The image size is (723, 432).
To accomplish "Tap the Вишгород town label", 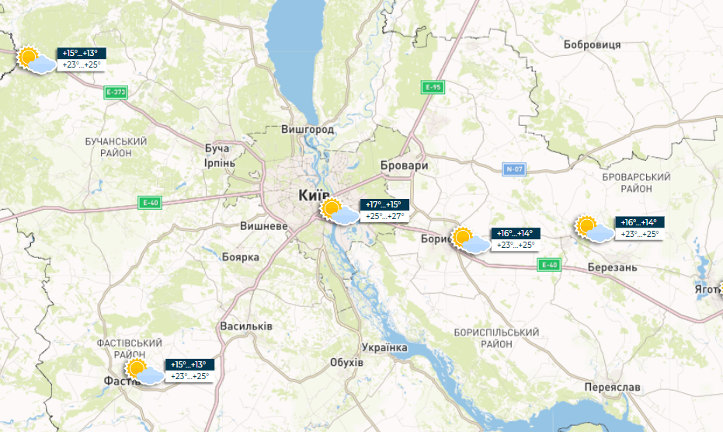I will point(308,129).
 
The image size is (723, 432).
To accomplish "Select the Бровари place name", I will point(405,166).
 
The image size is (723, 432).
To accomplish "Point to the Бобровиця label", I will point(592,44).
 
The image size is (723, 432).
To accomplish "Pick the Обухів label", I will point(346,363).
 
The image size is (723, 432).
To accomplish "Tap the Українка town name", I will point(385,347).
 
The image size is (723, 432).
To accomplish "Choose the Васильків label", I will point(246,326).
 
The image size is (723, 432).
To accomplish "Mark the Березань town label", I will point(613,267).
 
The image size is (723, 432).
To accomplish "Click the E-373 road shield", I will point(115,92).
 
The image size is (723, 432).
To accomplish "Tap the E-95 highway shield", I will point(432,87).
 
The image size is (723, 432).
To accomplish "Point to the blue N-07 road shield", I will point(514,169).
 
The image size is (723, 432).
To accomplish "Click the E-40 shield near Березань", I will point(548,265).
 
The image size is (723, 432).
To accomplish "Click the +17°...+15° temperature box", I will point(384,205).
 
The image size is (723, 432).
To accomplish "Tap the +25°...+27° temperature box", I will point(384,217).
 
